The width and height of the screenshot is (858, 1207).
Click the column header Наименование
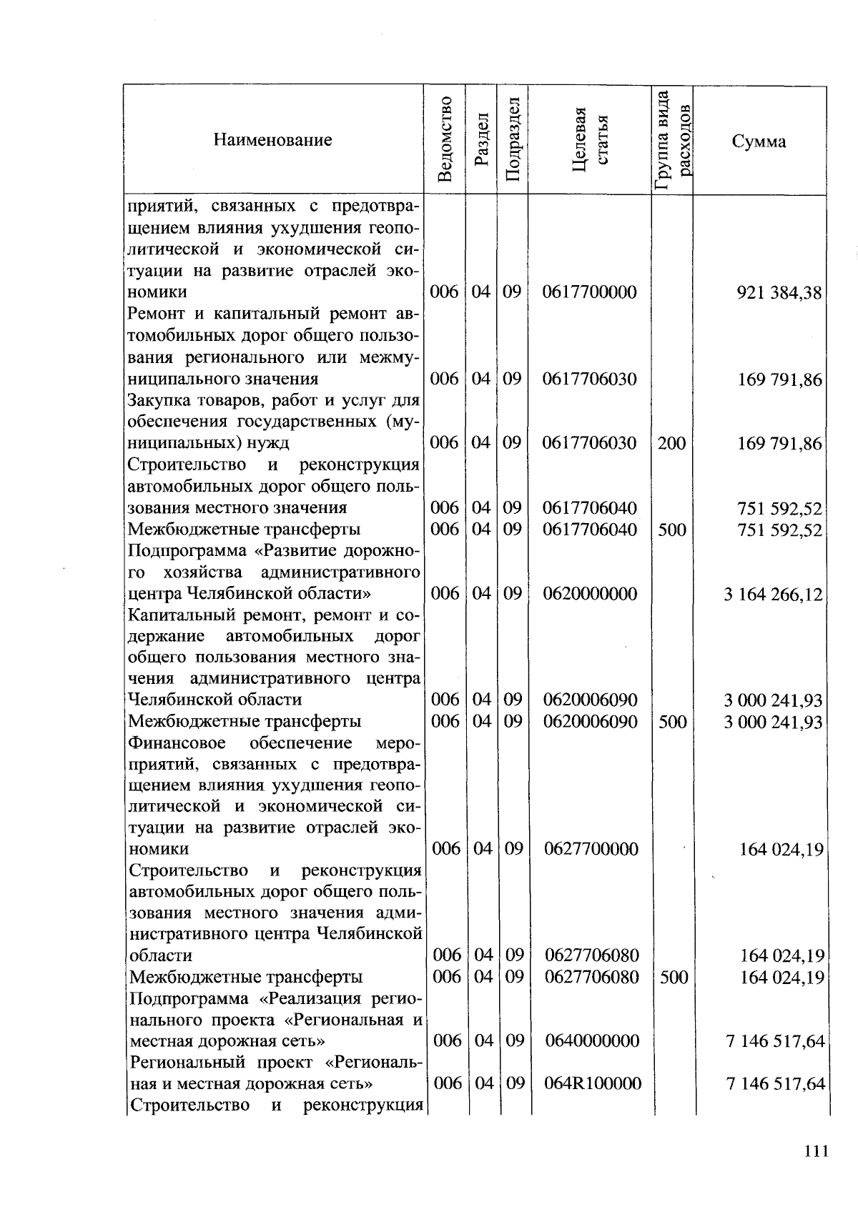tap(272, 140)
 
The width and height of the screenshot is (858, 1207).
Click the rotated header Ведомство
tap(444, 140)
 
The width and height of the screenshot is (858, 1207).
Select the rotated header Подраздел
tap(512, 140)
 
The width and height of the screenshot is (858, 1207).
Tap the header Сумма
tap(759, 141)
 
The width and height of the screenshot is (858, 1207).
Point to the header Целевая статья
tap(590, 140)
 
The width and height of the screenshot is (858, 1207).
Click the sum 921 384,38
tap(779, 293)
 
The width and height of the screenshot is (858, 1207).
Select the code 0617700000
tap(589, 292)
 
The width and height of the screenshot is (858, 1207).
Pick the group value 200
tap(671, 443)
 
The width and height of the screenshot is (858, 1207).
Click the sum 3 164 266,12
tap(773, 595)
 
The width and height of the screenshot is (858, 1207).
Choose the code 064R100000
tap(593, 1083)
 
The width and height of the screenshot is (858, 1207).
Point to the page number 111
tap(815, 1151)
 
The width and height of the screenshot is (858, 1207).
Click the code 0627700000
tap(591, 849)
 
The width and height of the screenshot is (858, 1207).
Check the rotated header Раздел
tap(481, 140)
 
